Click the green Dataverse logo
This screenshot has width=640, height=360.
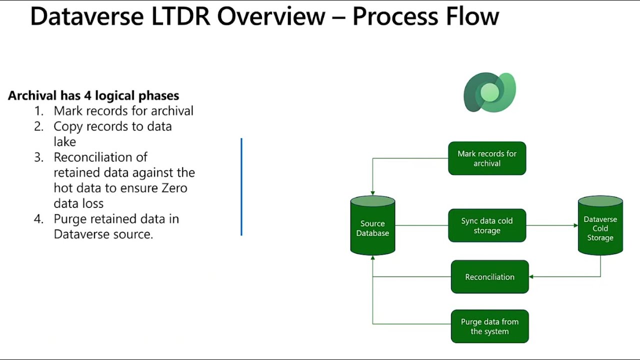489,92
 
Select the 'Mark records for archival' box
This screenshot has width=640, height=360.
487,158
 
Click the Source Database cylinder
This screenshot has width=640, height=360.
372,227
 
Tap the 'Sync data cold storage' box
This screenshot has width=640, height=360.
487,225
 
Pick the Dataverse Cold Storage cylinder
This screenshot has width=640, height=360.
600,227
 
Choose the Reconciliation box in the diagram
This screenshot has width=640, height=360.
489,276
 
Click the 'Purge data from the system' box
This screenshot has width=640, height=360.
489,326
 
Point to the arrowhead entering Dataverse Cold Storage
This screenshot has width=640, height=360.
575,225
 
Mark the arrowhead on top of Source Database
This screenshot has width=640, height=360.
372,193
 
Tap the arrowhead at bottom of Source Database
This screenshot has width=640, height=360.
372,258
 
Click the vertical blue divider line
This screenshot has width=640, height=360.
241,186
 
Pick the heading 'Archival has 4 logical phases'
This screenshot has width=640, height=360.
93,95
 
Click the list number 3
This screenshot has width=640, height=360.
38,157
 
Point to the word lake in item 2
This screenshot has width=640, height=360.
64,141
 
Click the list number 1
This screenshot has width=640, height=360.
38,111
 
